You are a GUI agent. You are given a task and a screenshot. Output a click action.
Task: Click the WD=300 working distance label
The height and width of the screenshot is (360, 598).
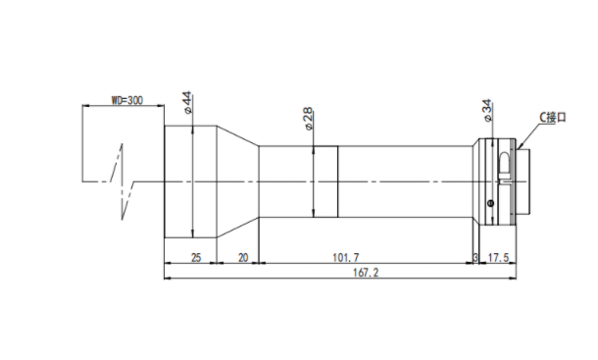pos(127,100)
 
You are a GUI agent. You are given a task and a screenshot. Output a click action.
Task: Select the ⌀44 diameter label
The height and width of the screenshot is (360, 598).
pos(187,102)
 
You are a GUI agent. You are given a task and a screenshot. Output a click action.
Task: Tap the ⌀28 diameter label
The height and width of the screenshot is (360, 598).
pos(309,119)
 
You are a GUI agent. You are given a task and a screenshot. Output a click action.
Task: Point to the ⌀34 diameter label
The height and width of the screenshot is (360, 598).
pos(487,111)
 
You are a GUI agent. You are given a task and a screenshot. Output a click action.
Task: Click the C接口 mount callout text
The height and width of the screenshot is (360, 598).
pos(553,117)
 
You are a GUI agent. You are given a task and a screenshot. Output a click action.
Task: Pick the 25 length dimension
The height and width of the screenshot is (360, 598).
pos(196,258)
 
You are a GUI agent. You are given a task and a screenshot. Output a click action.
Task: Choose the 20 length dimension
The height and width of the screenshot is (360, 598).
pos(243,258)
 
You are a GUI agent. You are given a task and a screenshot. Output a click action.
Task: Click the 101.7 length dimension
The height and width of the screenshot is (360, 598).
pos(346,258)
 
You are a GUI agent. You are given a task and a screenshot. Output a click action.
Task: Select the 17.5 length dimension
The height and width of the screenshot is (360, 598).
pos(498,258)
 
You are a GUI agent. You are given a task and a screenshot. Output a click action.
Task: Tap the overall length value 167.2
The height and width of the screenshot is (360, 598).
pos(366,273)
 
